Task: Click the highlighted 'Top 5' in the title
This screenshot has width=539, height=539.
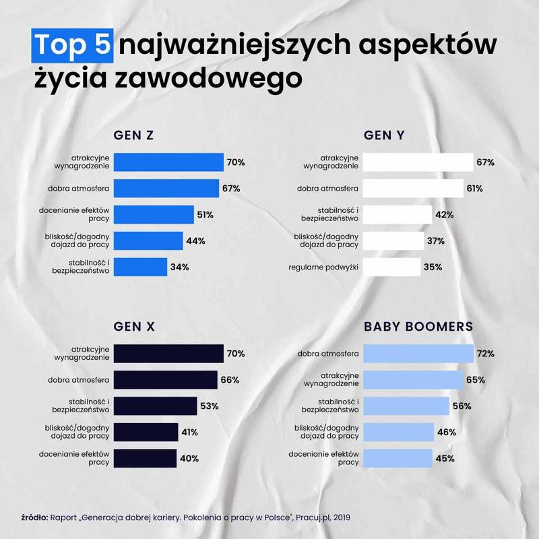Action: [73, 44]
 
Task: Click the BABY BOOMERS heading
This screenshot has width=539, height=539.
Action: [418, 326]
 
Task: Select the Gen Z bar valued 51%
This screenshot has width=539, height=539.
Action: [154, 215]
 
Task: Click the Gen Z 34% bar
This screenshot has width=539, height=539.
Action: [140, 267]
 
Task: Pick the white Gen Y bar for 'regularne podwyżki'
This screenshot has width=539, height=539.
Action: [392, 267]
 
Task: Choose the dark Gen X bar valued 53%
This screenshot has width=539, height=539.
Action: [155, 406]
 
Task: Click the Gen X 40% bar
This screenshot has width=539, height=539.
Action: [145, 458]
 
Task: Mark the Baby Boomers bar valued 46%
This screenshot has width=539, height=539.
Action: [398, 432]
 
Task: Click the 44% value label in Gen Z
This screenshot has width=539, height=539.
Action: [196, 241]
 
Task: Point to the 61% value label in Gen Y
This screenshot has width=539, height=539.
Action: [474, 189]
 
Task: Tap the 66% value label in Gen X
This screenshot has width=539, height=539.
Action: [230, 380]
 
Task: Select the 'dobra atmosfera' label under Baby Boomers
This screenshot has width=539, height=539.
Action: [328, 354]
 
